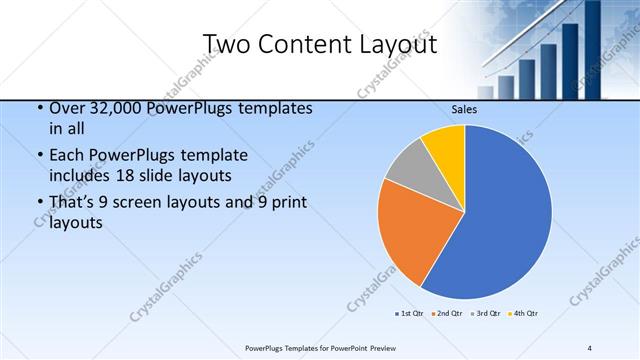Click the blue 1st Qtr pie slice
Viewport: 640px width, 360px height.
click(505, 215)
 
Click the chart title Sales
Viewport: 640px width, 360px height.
click(464, 109)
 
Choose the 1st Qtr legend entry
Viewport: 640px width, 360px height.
click(411, 314)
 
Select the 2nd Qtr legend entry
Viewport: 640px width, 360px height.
click(448, 314)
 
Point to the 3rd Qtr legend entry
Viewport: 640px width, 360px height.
click(486, 314)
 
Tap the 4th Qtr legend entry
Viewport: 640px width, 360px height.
click(523, 314)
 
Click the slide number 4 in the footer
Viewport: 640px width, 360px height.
click(589, 347)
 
